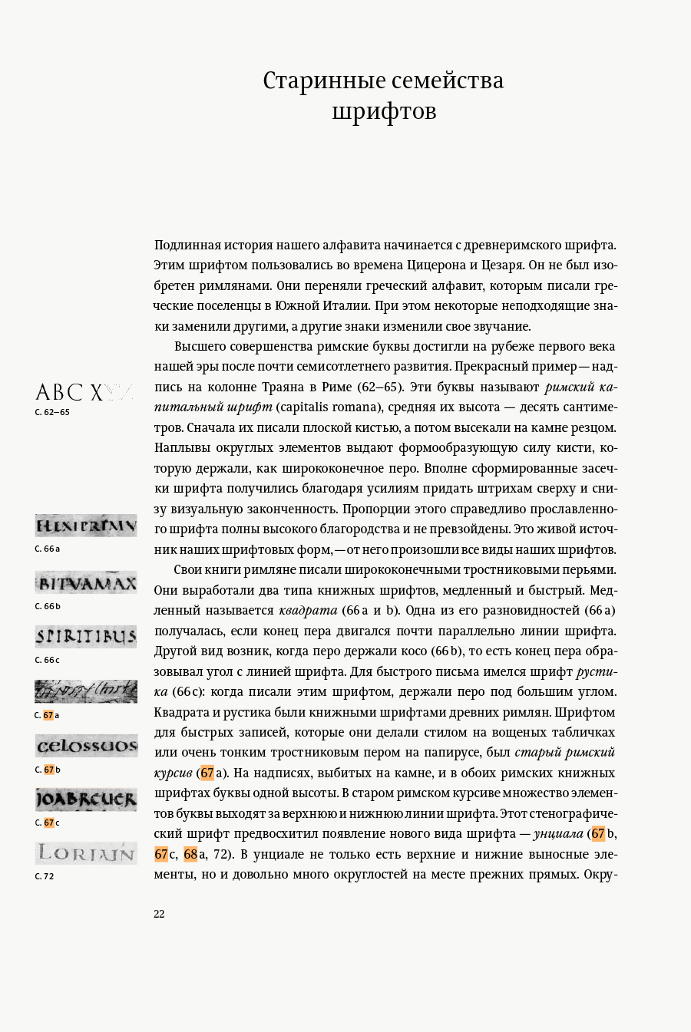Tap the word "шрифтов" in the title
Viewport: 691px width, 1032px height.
click(x=384, y=111)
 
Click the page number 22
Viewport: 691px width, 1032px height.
click(x=159, y=914)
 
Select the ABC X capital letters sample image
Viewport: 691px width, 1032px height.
click(x=84, y=392)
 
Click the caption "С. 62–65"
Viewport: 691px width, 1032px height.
click(x=52, y=412)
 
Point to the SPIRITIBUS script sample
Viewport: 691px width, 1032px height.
click(x=86, y=637)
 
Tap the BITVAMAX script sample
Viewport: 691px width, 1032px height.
click(x=86, y=583)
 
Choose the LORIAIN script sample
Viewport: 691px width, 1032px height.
click(x=86, y=853)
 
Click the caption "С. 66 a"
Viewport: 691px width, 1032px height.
click(x=47, y=549)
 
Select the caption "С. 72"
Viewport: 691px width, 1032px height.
click(x=45, y=876)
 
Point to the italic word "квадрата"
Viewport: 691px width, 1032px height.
click(x=308, y=611)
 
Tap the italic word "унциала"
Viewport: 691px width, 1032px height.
click(x=558, y=834)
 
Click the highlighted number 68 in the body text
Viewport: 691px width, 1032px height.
click(x=190, y=854)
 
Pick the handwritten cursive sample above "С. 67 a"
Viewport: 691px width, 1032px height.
click(x=86, y=691)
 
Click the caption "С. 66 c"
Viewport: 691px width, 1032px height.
click(x=47, y=660)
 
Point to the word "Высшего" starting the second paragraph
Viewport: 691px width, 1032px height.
click(x=200, y=347)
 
